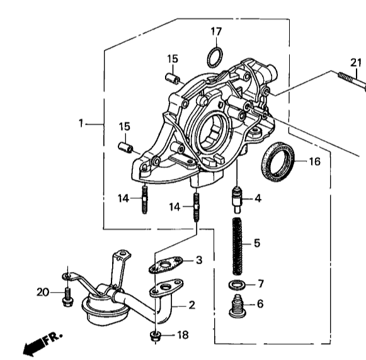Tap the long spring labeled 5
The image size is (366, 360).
(x=237, y=246)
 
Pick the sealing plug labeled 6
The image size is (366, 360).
(x=237, y=306)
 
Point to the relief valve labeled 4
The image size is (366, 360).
(x=237, y=200)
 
